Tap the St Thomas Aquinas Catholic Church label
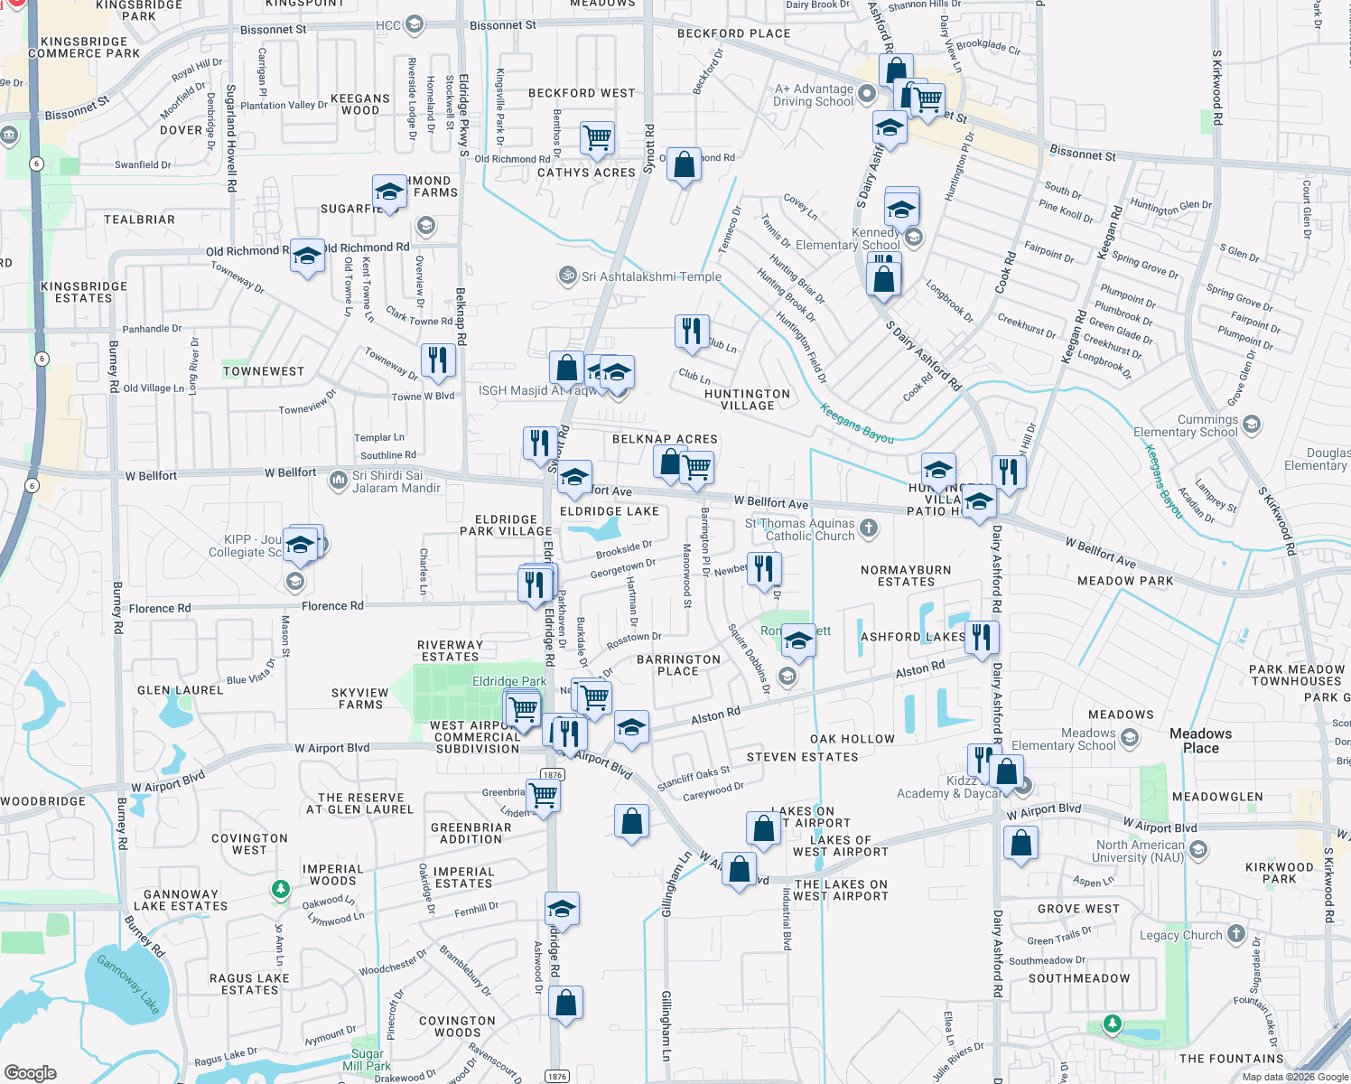[800, 529]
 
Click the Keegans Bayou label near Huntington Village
[856, 424]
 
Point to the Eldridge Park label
[509, 681]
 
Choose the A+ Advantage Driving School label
[813, 95]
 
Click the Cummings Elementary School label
[1185, 425]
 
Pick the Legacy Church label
[1180, 935]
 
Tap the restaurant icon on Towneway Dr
[438, 360]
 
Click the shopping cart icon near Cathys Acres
[597, 138]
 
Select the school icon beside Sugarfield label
[389, 192]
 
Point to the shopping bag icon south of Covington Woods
[565, 1003]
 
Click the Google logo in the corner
[30, 1072]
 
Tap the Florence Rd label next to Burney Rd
[160, 608]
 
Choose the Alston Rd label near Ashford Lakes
[919, 669]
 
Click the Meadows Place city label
[1200, 741]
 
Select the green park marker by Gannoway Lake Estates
[281, 890]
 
